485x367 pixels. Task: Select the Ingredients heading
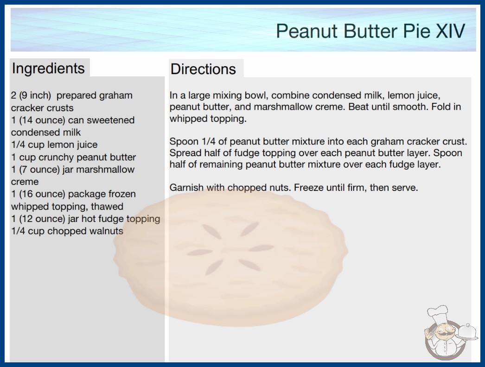[48, 68]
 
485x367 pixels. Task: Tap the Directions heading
[203, 69]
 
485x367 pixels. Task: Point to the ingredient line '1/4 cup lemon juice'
[54, 145]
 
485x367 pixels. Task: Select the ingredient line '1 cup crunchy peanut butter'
[74, 157]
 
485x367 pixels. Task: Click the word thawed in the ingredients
[107, 207]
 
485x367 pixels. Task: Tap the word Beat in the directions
[358, 107]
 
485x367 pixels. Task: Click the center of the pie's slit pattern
[230, 248]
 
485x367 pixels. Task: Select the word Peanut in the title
[306, 31]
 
